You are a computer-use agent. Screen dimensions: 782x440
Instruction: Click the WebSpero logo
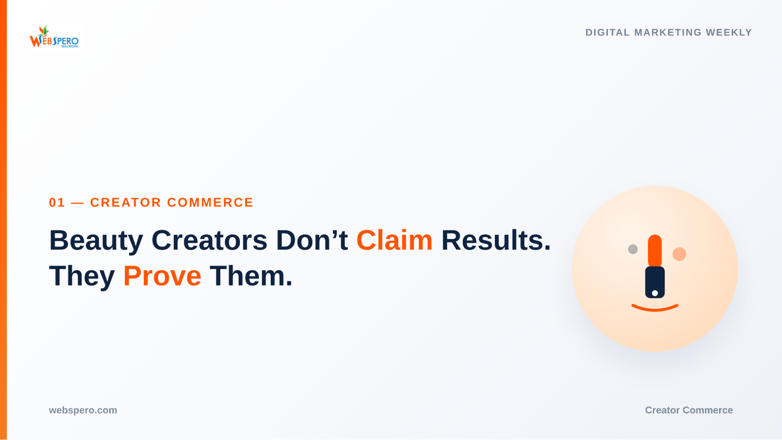(54, 37)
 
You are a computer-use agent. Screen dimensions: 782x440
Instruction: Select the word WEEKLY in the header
(729, 32)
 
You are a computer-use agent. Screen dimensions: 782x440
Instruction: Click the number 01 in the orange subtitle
(57, 203)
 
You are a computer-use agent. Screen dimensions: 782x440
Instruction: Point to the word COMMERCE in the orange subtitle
(210, 203)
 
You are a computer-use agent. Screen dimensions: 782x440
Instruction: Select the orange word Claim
(394, 240)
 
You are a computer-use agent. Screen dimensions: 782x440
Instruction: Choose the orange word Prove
(162, 276)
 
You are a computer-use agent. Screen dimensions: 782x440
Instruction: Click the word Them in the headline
(251, 276)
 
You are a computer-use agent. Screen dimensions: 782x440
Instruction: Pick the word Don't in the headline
(312, 240)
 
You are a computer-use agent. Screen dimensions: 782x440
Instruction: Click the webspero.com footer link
(83, 410)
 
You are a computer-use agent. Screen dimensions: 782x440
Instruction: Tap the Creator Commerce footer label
(689, 410)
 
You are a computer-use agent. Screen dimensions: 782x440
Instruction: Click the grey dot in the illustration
(633, 249)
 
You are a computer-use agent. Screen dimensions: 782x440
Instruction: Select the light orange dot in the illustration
(679, 254)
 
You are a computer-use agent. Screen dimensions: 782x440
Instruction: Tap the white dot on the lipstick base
(655, 293)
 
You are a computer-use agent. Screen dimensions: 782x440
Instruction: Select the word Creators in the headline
(209, 240)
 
